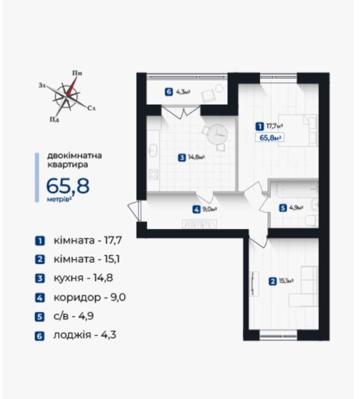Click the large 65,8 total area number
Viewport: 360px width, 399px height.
pyautogui.click(x=68, y=186)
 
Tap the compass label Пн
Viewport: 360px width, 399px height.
pyautogui.click(x=77, y=74)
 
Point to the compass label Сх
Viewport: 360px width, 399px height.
pyautogui.click(x=92, y=108)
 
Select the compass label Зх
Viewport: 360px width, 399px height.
pyautogui.click(x=42, y=85)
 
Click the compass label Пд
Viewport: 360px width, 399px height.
pyautogui.click(x=54, y=119)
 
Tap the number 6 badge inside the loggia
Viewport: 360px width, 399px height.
pyautogui.click(x=169, y=92)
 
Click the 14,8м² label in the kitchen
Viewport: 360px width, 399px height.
pyautogui.click(x=197, y=157)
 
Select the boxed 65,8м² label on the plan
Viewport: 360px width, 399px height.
pyautogui.click(x=270, y=138)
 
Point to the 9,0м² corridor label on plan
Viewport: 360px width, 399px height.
pyautogui.click(x=210, y=209)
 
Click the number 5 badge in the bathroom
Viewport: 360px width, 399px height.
pyautogui.click(x=283, y=208)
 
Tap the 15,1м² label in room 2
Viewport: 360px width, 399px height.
pyautogui.click(x=287, y=281)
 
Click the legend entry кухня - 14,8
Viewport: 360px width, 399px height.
pyautogui.click(x=83, y=278)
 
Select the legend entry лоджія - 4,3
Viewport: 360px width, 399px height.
pyautogui.click(x=85, y=335)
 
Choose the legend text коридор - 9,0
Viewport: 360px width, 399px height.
pyautogui.click(x=90, y=297)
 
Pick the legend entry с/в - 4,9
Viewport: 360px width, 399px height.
pyautogui.click(x=73, y=316)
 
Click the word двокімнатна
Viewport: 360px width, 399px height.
pyautogui.click(x=75, y=156)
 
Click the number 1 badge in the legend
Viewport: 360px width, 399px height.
pyautogui.click(x=40, y=241)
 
